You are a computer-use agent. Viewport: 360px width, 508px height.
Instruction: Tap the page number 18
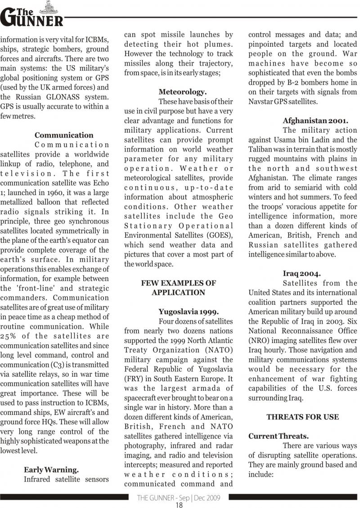179,504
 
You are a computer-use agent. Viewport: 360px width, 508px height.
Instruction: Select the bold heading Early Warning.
51,470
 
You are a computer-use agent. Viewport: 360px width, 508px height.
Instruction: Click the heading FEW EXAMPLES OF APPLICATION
179,288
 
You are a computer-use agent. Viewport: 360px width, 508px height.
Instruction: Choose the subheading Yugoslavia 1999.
189,312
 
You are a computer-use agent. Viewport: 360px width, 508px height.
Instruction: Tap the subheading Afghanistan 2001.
315,120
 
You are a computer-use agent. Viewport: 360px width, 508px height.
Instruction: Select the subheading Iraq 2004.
302,273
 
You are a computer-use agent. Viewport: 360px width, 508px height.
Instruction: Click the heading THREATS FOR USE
302,417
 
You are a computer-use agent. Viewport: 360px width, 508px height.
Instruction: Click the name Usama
286,140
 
